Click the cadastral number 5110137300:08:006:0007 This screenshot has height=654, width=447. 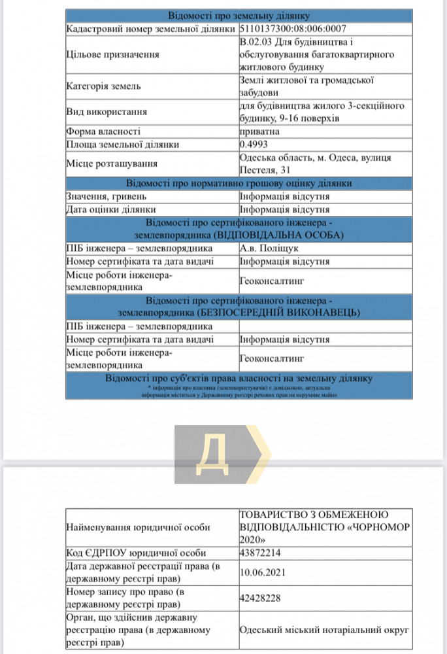click(293, 29)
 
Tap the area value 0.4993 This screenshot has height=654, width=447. click(254, 145)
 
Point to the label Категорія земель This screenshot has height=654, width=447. click(103, 86)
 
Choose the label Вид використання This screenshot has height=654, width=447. click(107, 112)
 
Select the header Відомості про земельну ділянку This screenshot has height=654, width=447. click(239, 16)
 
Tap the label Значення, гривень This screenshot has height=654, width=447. click(106, 196)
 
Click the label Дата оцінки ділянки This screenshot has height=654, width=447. click(110, 210)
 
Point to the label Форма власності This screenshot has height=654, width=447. click(103, 131)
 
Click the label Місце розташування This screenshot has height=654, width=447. click(112, 164)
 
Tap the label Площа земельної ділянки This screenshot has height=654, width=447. click(122, 145)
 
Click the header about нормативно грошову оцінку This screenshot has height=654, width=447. click(239, 183)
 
